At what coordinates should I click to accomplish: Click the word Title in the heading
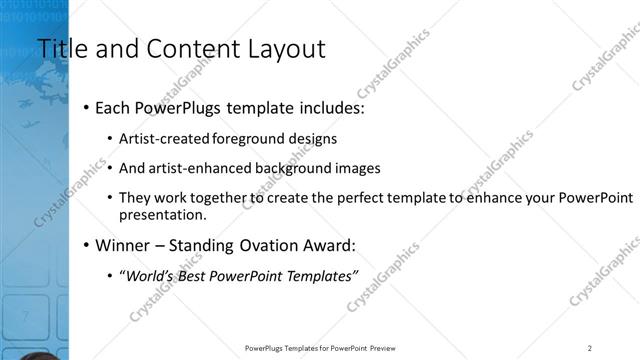click(x=57, y=48)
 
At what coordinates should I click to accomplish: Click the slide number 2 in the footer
click(x=590, y=348)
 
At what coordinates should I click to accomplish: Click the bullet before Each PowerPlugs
click(x=87, y=106)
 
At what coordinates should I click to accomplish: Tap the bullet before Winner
click(x=87, y=244)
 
